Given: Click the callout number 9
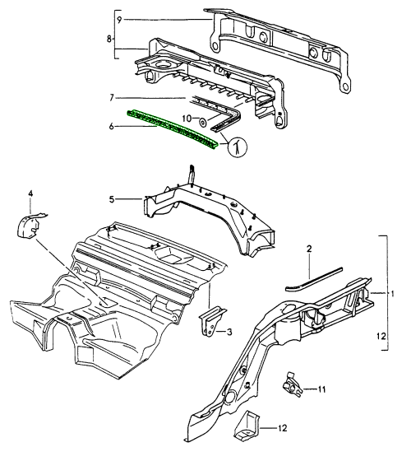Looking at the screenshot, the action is click(x=119, y=20).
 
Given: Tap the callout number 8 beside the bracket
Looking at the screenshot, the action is click(x=109, y=40).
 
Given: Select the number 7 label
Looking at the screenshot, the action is click(x=112, y=98).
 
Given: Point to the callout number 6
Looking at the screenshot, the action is click(x=112, y=127).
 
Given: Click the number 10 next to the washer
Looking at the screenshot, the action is click(x=187, y=119).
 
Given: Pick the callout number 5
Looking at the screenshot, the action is click(x=112, y=199).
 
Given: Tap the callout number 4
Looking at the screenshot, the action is click(x=30, y=193).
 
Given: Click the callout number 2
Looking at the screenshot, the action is click(x=309, y=249).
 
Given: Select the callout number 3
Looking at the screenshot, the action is click(x=229, y=332).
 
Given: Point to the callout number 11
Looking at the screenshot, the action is click(x=321, y=389).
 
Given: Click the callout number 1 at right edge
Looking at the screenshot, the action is click(x=393, y=294).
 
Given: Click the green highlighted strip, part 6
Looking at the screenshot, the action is click(x=173, y=129).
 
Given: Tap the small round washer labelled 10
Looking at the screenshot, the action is click(x=202, y=122).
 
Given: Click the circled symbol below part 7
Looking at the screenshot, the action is click(x=238, y=147).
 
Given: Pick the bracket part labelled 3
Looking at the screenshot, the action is click(x=211, y=322).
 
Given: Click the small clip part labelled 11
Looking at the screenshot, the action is click(x=291, y=385).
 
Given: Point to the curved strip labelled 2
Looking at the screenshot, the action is click(x=313, y=279).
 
